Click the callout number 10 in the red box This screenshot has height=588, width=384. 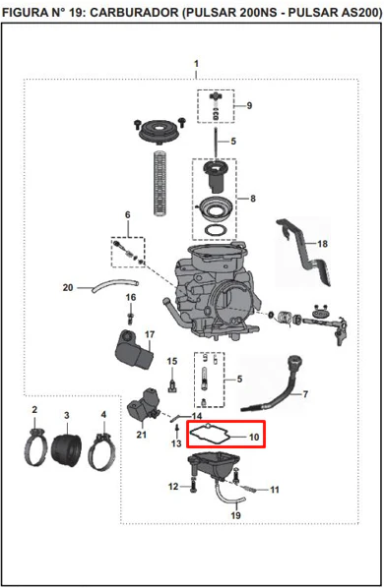pyautogui.click(x=254, y=437)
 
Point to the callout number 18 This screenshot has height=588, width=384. pyautogui.click(x=322, y=244)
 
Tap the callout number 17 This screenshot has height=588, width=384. pyautogui.click(x=150, y=334)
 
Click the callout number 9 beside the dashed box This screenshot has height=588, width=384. pyautogui.click(x=249, y=106)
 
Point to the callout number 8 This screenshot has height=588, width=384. pyautogui.click(x=253, y=199)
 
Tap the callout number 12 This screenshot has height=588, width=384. pyautogui.click(x=173, y=487)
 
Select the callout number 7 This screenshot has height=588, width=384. pyautogui.click(x=305, y=394)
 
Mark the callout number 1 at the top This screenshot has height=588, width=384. pyautogui.click(x=196, y=64)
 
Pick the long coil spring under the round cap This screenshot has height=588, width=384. pyautogui.click(x=160, y=183)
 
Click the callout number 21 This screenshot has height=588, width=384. pyautogui.click(x=141, y=435)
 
